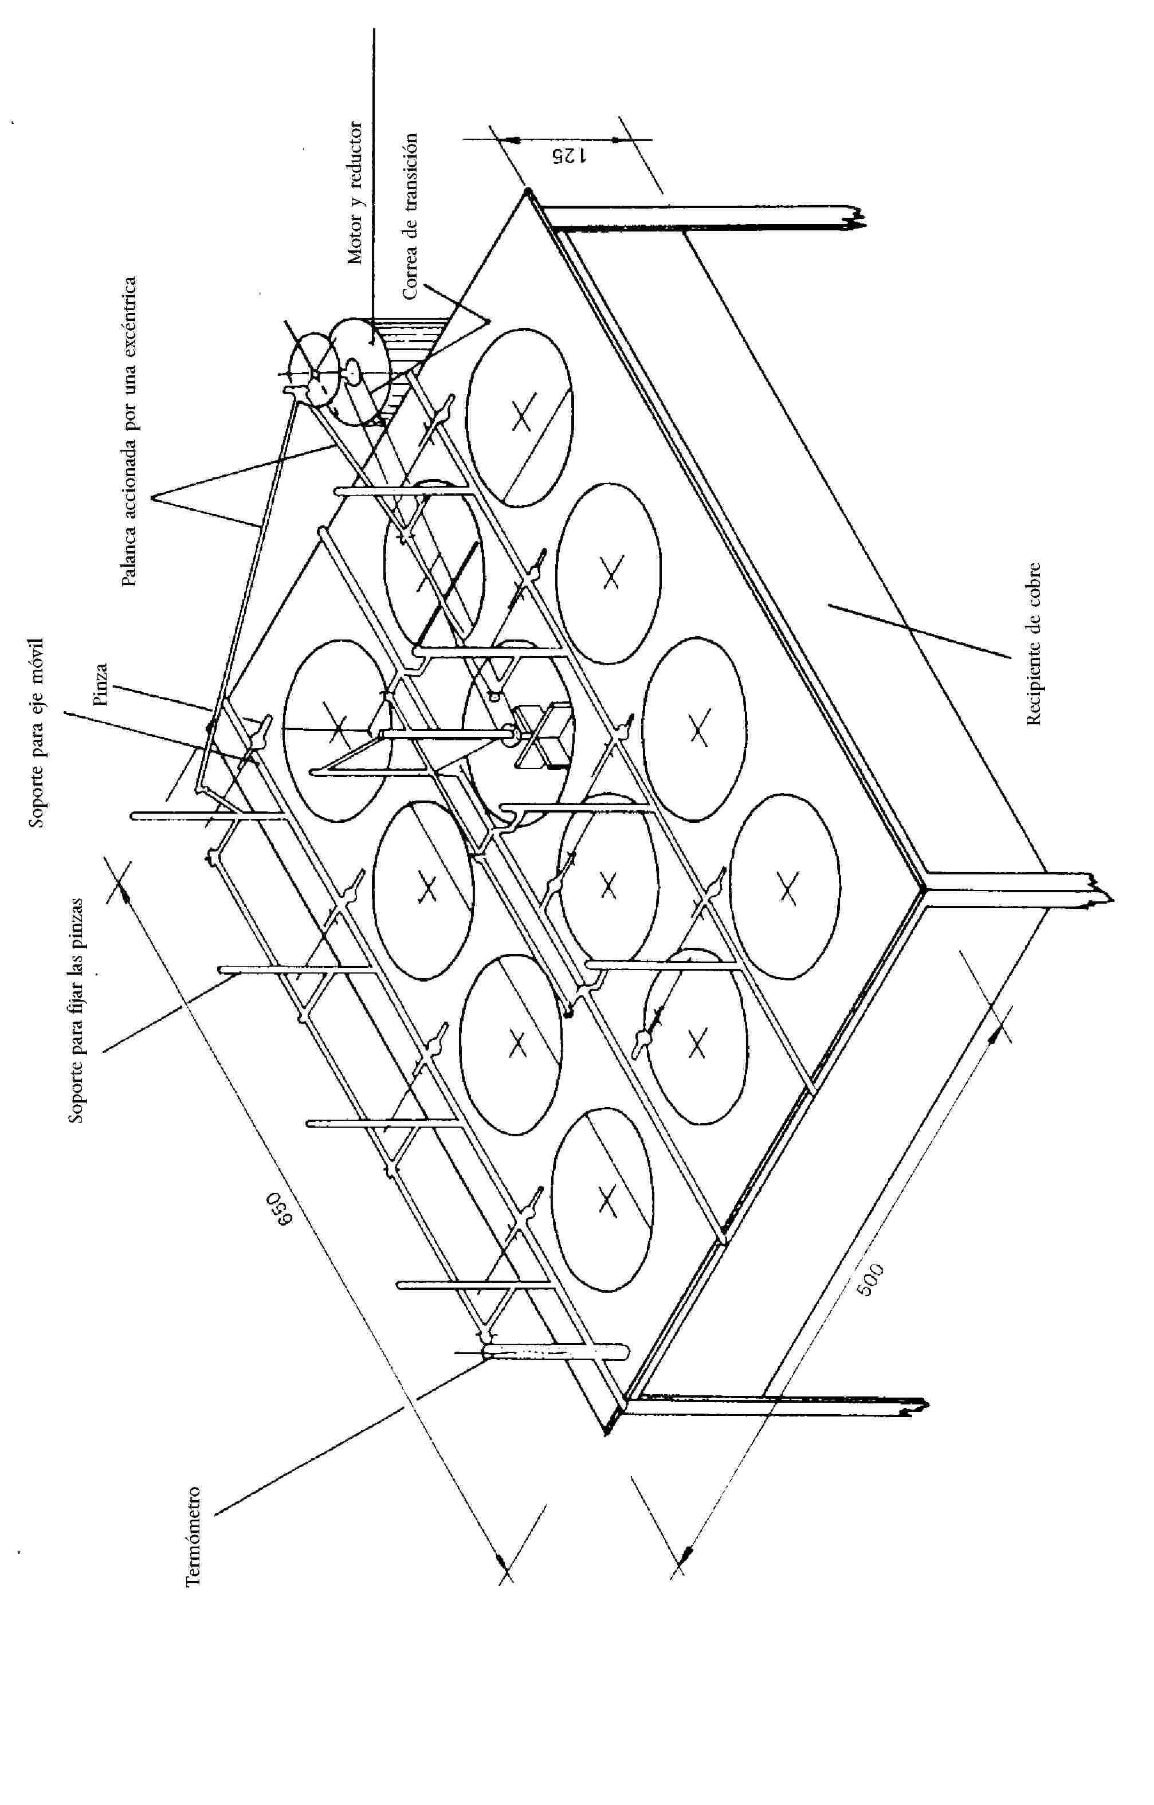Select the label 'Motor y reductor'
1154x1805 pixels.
pyautogui.click(x=355, y=194)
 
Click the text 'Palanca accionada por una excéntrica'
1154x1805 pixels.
pyautogui.click(x=129, y=431)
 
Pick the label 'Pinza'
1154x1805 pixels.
pyautogui.click(x=101, y=684)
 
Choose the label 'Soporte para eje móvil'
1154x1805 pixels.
pyautogui.click(x=37, y=733)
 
